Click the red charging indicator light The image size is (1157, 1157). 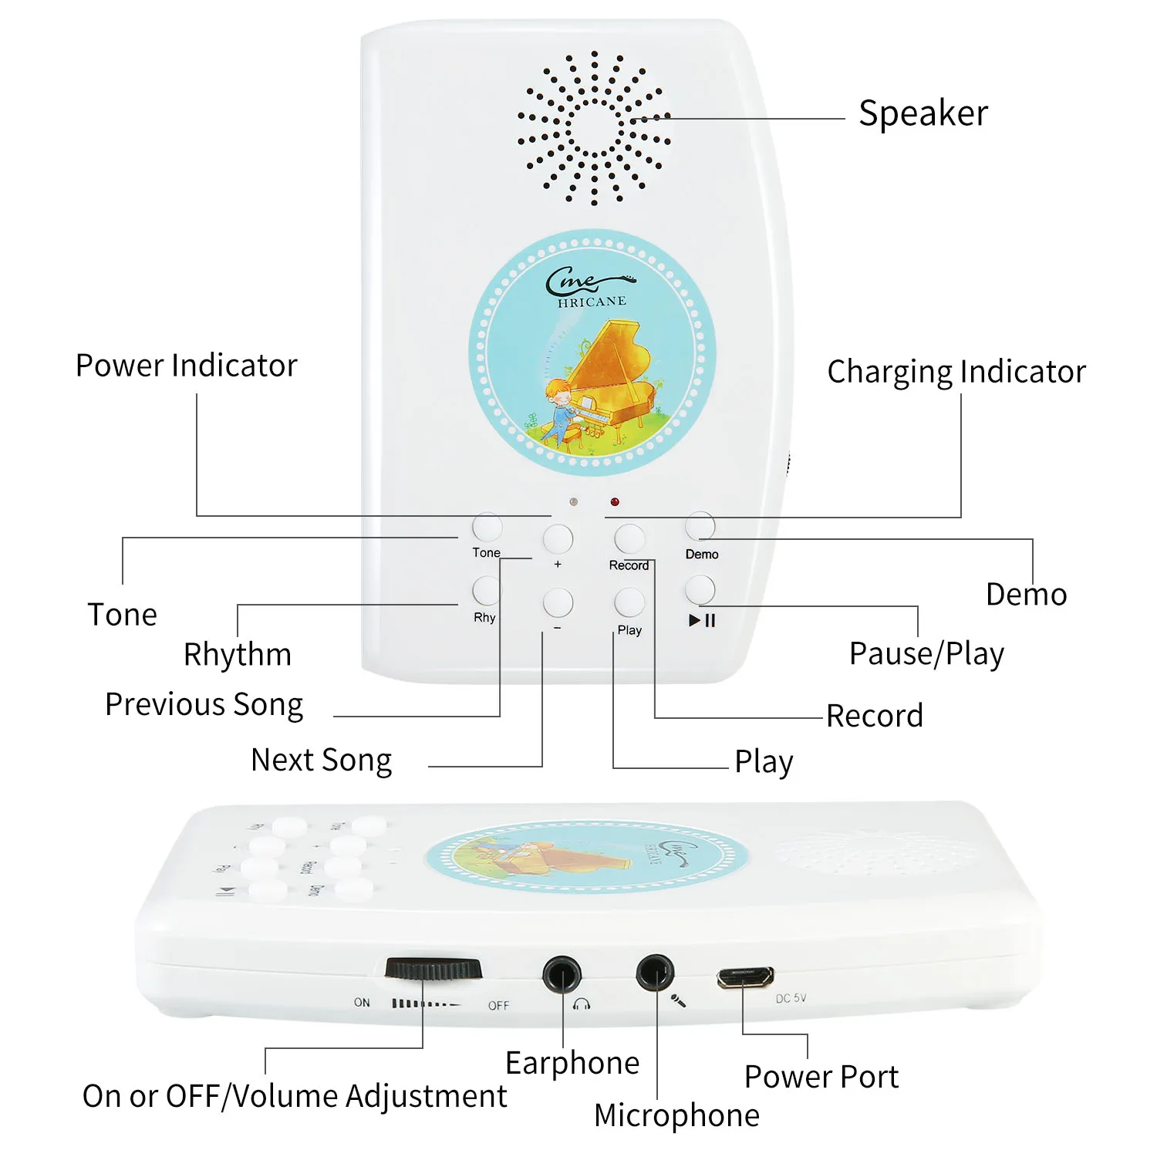(x=614, y=502)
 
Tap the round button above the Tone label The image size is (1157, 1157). (x=487, y=528)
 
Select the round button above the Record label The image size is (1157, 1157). (x=629, y=539)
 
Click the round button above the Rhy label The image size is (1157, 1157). (x=486, y=591)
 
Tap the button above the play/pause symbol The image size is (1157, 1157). (x=700, y=590)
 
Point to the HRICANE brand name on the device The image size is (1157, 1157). (x=592, y=302)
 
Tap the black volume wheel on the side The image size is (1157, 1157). (x=433, y=969)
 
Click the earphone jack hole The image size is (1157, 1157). (x=562, y=974)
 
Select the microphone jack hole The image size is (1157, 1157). (x=655, y=973)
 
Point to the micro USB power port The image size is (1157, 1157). (x=744, y=977)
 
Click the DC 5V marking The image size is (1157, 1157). (x=791, y=998)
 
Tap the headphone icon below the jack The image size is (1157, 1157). (x=582, y=1004)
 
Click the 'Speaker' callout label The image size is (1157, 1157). (x=923, y=113)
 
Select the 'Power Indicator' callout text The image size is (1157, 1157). (x=186, y=366)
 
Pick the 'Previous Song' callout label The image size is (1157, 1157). (x=204, y=704)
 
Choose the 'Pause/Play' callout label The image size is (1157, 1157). (x=926, y=654)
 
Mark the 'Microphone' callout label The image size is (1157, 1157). (x=676, y=1115)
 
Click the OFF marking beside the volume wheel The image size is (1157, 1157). (x=498, y=1005)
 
